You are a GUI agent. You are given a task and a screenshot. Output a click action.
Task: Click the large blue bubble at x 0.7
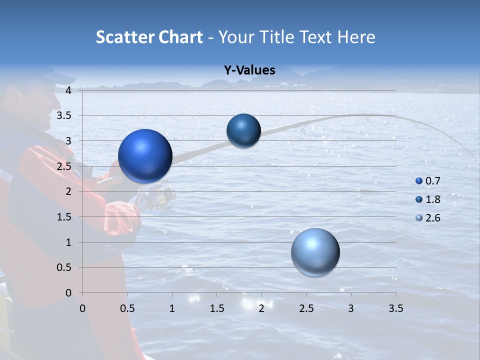(x=145, y=156)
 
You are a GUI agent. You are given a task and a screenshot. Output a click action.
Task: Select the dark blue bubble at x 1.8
(x=243, y=130)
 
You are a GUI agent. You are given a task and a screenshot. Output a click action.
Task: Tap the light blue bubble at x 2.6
(x=315, y=252)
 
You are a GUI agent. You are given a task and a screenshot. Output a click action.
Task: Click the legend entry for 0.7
(x=428, y=181)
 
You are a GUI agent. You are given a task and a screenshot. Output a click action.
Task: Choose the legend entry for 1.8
(x=428, y=199)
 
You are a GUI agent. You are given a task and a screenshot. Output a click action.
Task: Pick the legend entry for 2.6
(x=428, y=218)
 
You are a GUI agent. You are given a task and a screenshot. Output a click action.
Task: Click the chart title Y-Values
(x=249, y=70)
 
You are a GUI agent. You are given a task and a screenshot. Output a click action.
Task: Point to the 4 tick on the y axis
(x=68, y=90)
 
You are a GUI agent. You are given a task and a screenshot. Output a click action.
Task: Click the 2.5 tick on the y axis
(x=64, y=166)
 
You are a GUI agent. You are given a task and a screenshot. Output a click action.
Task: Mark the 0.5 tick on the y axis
(x=64, y=268)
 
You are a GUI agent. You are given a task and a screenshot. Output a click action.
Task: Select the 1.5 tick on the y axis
(x=64, y=217)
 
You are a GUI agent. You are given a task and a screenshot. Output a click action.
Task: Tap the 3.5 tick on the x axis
(x=395, y=309)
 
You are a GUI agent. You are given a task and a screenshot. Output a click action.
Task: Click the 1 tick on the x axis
(x=172, y=309)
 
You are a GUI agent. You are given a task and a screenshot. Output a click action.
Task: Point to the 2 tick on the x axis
(x=261, y=309)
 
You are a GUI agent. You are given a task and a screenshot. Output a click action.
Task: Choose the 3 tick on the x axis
(x=351, y=309)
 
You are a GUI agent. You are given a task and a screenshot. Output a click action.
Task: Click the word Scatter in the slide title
(x=124, y=37)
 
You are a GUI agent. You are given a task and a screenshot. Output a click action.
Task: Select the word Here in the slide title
(x=355, y=37)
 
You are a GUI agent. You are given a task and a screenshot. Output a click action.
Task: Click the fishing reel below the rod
(x=158, y=196)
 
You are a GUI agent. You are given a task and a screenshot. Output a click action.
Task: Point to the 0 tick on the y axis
(x=68, y=293)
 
